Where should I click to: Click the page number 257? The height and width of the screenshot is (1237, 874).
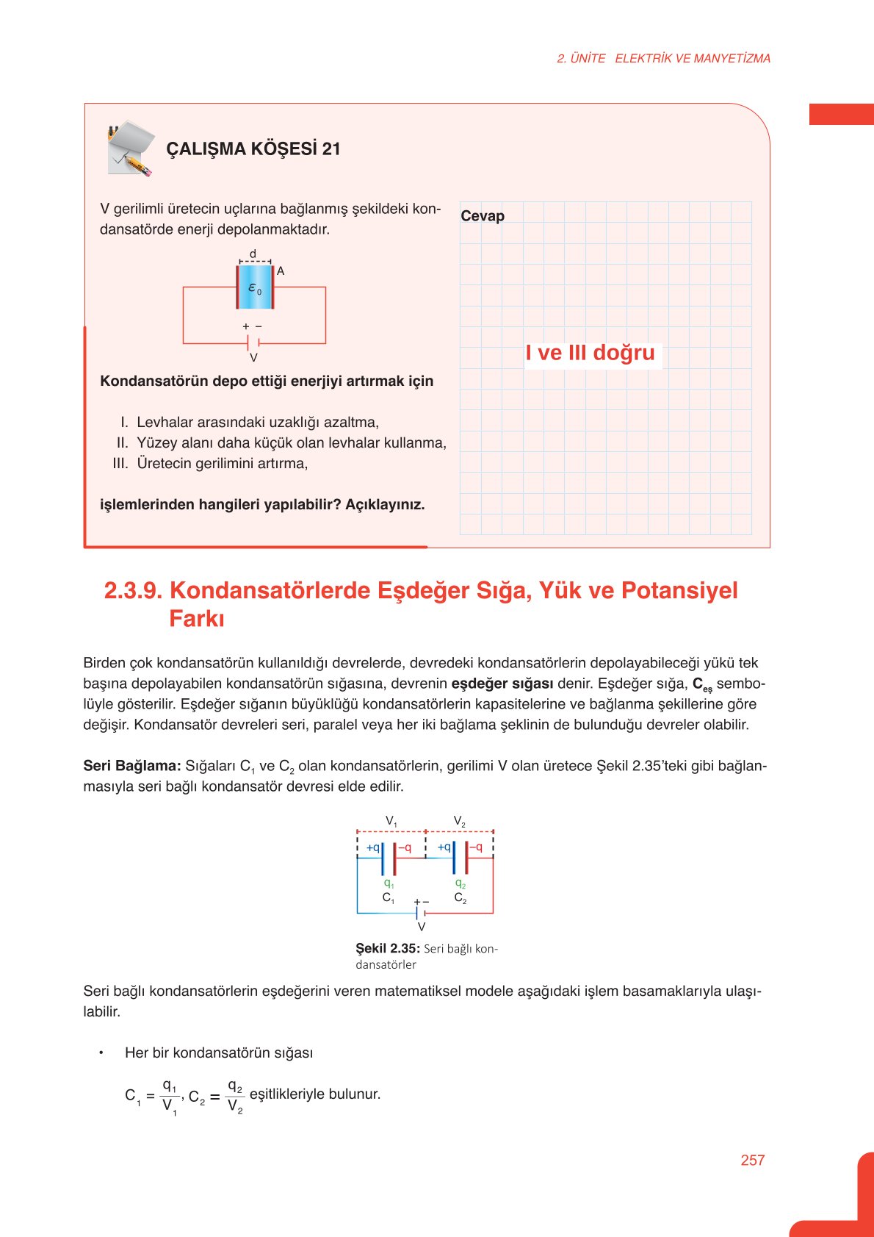coord(752,1160)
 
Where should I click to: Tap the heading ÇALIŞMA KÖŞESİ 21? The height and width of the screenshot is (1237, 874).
coord(253,149)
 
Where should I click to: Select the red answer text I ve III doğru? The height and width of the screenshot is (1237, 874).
coord(590,353)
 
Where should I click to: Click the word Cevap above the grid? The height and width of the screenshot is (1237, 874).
coord(483,216)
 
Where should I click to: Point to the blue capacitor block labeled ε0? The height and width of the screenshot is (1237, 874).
coord(255,287)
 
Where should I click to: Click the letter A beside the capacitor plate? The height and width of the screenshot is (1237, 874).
coord(281,271)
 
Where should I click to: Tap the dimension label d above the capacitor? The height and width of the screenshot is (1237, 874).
coord(253,254)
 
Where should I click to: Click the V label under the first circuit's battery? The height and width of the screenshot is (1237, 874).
coord(253,358)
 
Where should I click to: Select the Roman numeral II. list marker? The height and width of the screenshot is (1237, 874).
coord(122,443)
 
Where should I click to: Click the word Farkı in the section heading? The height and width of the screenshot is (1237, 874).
coord(196,619)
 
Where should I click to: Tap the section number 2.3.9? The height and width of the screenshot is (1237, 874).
coord(133,590)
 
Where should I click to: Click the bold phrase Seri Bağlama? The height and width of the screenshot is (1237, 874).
coord(132,766)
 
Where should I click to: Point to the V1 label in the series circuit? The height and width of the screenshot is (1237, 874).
coord(391,821)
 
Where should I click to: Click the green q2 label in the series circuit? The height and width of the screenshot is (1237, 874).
coord(460,883)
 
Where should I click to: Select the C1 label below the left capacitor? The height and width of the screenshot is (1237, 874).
coord(388,898)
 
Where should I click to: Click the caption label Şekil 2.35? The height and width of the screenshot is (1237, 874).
coord(387,948)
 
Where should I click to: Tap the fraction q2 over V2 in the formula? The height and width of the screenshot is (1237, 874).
coord(235,1095)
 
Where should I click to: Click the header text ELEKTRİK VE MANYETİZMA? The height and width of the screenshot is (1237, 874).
coord(692,59)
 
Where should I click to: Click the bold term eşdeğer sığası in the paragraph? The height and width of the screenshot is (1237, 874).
coord(502,684)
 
